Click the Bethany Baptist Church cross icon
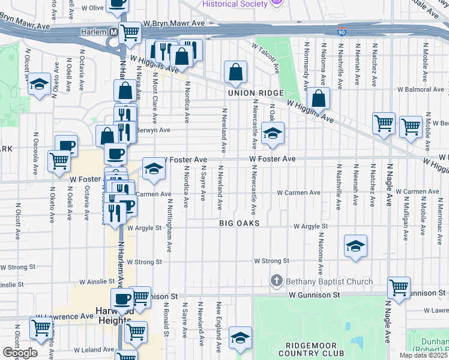tap(276, 281)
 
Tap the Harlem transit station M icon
tap(113, 31)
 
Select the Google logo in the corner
tap(20, 353)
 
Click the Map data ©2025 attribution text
tap(424, 355)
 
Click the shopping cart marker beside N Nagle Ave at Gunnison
tap(399, 287)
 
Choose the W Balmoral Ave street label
tap(418, 90)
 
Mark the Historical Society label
tap(235, 4)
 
